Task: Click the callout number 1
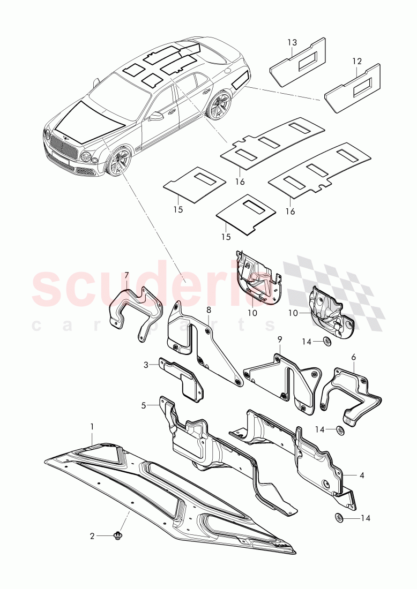coord(92,427)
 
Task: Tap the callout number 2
coord(92,535)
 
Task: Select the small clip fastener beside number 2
coord(118,535)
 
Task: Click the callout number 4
coord(144,405)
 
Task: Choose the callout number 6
coord(126,275)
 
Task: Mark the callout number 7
coord(208,309)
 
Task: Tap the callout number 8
coord(279,339)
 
